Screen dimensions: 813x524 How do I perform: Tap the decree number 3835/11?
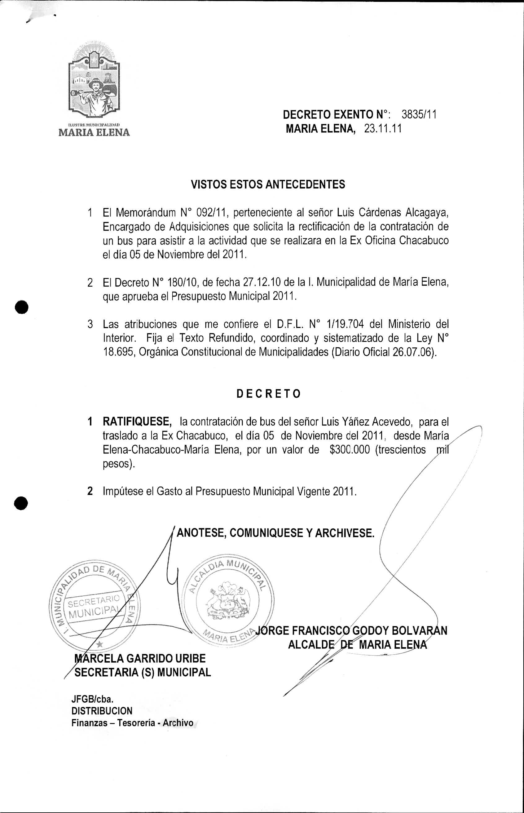click(x=419, y=115)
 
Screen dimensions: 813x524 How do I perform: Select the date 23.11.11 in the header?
click(x=383, y=129)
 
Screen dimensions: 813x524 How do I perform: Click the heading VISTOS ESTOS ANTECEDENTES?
click(x=268, y=184)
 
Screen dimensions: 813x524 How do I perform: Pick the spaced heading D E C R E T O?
click(x=268, y=394)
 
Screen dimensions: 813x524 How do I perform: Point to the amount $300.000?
click(x=350, y=450)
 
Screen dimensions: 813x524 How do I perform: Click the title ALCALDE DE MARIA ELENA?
click(x=357, y=645)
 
